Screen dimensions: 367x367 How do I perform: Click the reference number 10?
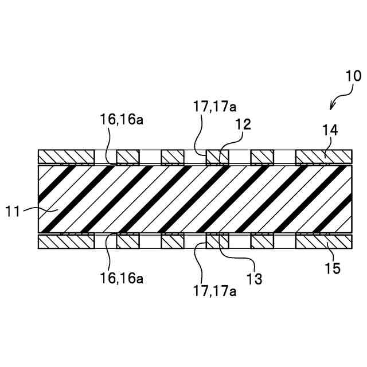(x=353, y=76)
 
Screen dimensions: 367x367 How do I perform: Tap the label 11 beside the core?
(x=14, y=212)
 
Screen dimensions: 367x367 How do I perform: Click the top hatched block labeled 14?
(x=322, y=156)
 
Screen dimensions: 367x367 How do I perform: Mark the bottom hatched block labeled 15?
(x=322, y=241)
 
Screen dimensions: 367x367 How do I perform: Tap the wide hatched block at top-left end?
(x=65, y=156)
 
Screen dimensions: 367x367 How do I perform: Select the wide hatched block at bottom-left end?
(x=65, y=241)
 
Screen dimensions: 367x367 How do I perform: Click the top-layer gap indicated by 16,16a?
(x=105, y=156)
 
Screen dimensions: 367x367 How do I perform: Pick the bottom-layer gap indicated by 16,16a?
(x=105, y=241)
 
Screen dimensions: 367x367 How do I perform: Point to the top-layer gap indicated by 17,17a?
(x=195, y=156)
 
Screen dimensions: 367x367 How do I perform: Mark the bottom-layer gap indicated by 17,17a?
(x=195, y=241)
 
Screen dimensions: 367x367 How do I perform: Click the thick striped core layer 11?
(x=195, y=199)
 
